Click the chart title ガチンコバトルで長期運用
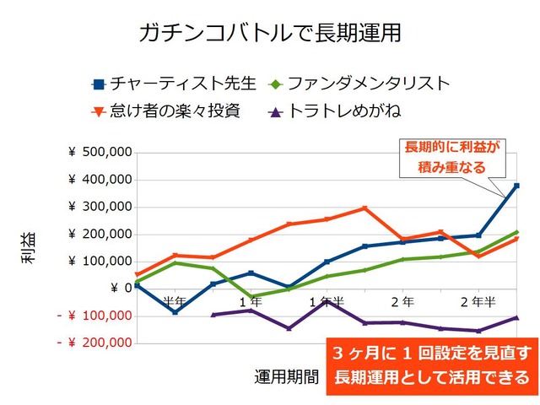[x=269, y=33]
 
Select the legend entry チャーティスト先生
[x=174, y=84]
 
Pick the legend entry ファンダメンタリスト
[x=359, y=84]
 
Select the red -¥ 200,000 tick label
[x=94, y=343]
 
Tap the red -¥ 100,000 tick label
[x=94, y=316]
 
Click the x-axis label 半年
[x=175, y=301]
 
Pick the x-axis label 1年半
[x=326, y=301]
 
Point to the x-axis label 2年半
[x=478, y=301]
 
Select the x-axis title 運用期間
[x=287, y=375]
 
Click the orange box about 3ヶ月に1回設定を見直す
[x=432, y=364]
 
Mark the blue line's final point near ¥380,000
[x=516, y=186]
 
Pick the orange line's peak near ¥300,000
[x=364, y=208]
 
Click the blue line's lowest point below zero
[x=175, y=312]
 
